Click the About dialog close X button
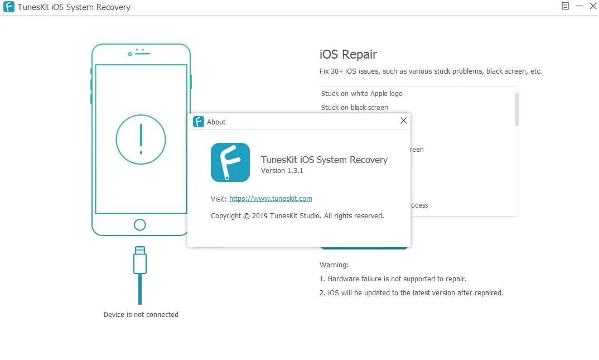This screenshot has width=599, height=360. click(x=404, y=121)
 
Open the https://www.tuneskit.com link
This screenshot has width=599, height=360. click(x=270, y=199)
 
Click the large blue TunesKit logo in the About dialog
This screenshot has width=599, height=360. click(x=230, y=162)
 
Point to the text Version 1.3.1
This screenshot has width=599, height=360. click(x=282, y=171)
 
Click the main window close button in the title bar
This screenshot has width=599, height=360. click(x=593, y=6)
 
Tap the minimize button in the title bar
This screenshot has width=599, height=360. click(x=579, y=6)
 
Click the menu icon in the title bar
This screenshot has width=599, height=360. click(x=565, y=6)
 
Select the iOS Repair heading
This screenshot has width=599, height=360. click(x=348, y=54)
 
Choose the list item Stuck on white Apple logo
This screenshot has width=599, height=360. click(x=361, y=94)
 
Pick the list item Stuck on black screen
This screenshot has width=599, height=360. click(x=354, y=108)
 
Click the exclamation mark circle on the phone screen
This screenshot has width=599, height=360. click(x=141, y=139)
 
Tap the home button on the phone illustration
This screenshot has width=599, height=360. click(x=140, y=224)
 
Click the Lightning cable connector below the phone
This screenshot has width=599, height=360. click(x=140, y=261)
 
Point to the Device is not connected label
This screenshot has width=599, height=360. click(x=141, y=315)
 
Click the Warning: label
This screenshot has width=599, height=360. click(x=334, y=265)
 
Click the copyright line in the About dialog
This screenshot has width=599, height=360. click(x=297, y=216)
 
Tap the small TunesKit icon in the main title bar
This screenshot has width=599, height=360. click(x=8, y=7)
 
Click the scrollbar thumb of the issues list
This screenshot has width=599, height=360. click(x=517, y=109)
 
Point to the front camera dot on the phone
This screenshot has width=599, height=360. click(x=130, y=54)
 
